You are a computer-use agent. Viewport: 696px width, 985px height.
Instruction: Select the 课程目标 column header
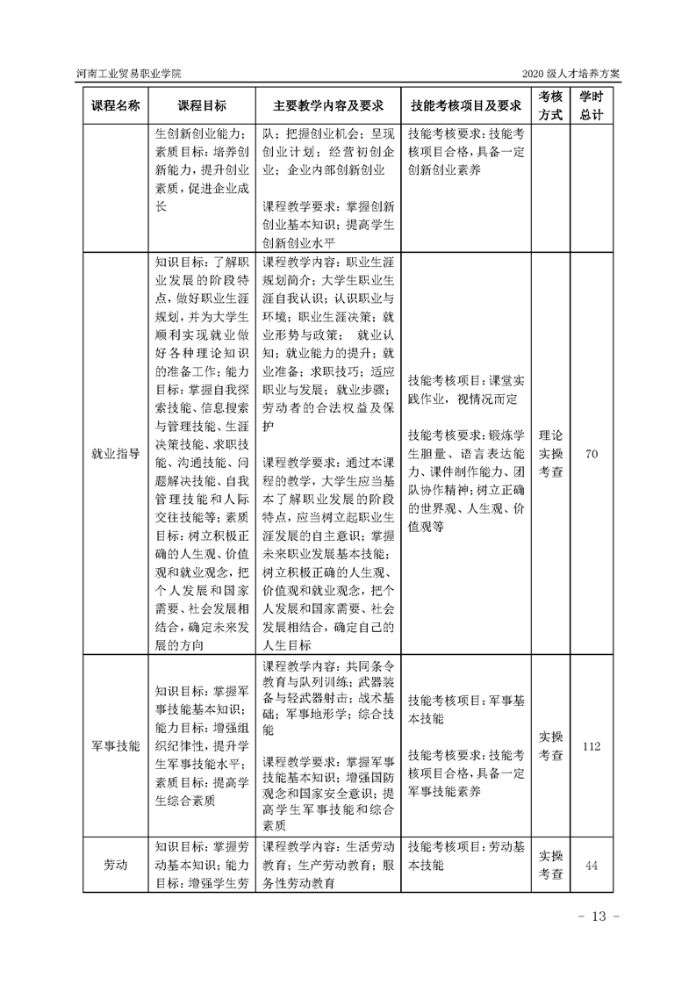coord(202,105)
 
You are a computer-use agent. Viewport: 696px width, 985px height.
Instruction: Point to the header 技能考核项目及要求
coord(466,105)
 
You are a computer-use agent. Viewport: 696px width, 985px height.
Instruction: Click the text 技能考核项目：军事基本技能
coord(466,710)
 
